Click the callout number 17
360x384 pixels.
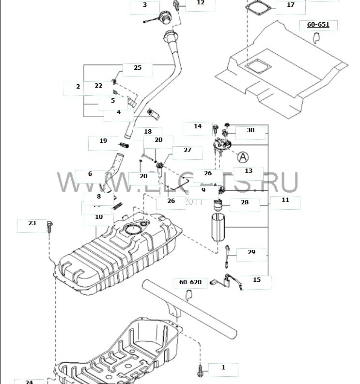[x=291, y=5]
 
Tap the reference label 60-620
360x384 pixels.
[x=190, y=281]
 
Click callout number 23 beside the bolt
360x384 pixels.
[x=32, y=223]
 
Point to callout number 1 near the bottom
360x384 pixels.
[x=223, y=368]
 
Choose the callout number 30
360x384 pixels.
[x=250, y=130]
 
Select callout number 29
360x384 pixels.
[x=251, y=252]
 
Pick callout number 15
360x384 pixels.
[x=257, y=279]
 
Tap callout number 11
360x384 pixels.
[x=285, y=200]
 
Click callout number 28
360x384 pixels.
[x=245, y=202]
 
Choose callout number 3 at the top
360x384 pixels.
[x=144, y=5]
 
